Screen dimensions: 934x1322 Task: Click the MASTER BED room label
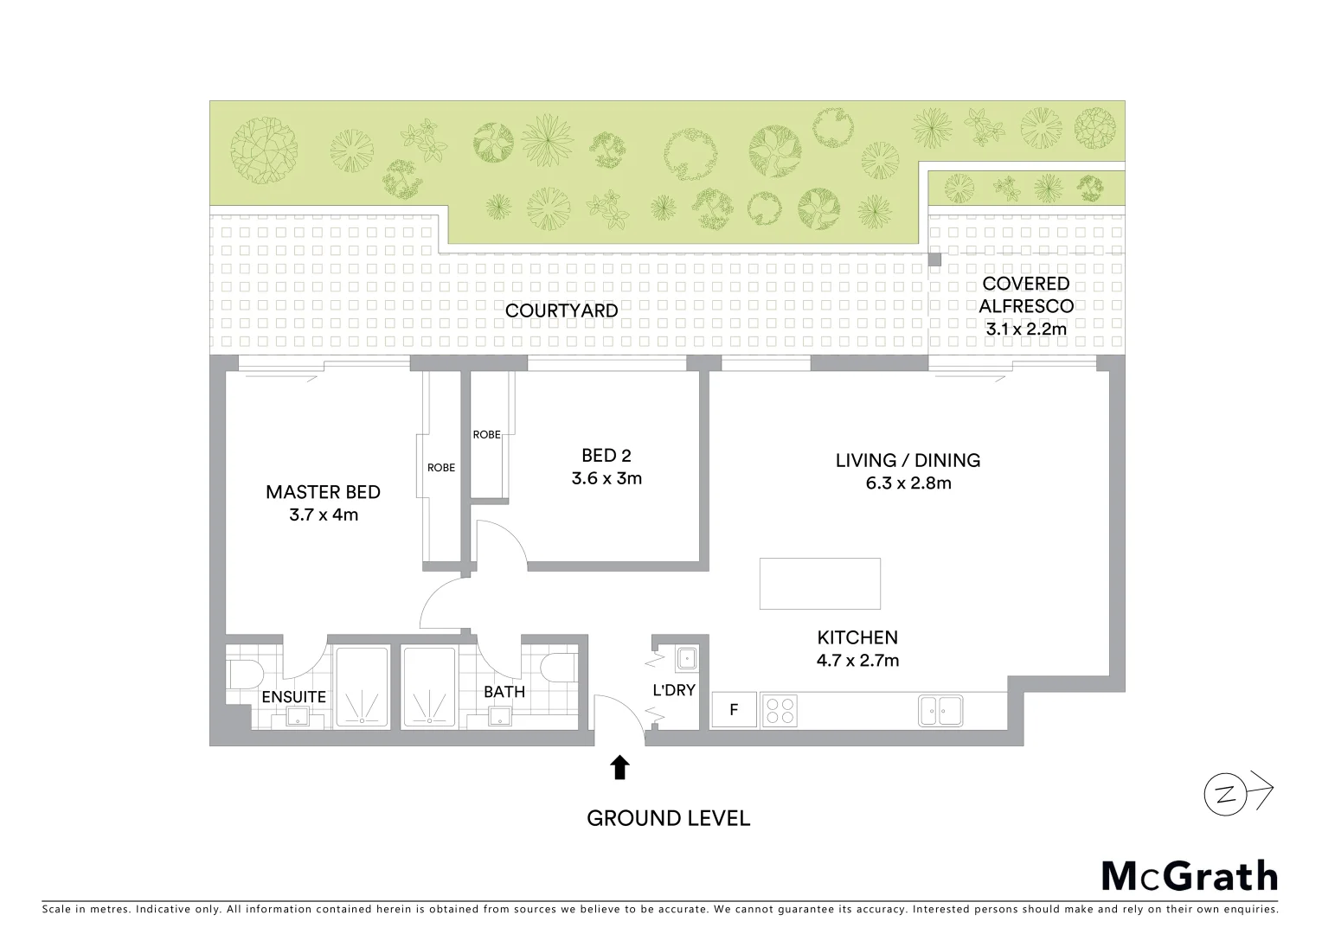[323, 492]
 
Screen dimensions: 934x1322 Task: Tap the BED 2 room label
[606, 455]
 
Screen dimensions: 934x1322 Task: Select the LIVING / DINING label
[908, 460]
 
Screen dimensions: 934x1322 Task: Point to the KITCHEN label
[857, 637]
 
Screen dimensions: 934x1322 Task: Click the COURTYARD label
[562, 310]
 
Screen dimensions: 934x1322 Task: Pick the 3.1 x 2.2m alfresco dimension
[1026, 329]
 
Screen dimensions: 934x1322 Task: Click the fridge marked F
[734, 710]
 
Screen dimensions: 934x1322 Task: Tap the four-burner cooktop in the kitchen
[779, 710]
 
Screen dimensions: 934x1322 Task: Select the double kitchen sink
[940, 710]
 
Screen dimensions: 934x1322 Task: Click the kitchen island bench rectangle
[820, 584]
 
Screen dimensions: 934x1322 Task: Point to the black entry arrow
[619, 767]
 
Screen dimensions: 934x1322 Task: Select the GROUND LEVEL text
[668, 818]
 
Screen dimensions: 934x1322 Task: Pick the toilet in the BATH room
[560, 667]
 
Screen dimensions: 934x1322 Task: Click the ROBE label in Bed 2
[486, 434]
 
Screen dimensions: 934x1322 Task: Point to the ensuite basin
[298, 716]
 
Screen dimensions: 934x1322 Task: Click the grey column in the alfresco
[934, 259]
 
